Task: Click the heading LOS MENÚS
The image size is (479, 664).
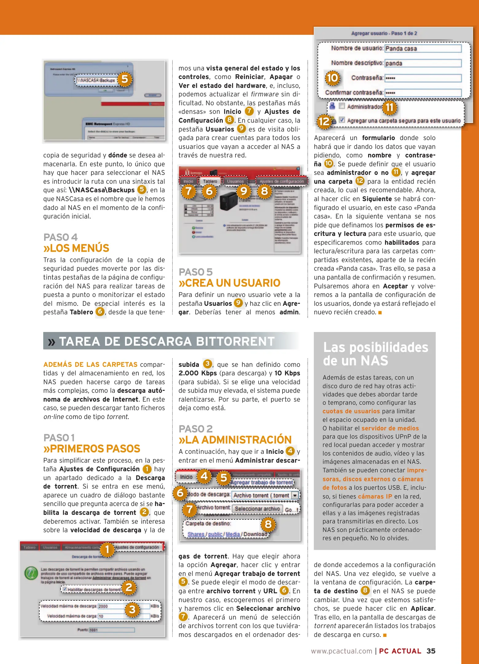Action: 76,248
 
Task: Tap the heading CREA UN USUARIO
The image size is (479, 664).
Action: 229,283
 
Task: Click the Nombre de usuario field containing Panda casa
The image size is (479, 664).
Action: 423,49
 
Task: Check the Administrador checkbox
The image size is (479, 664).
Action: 342,106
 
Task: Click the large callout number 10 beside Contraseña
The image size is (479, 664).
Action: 332,78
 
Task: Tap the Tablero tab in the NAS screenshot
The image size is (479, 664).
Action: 210,181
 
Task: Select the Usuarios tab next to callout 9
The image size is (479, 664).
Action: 235,181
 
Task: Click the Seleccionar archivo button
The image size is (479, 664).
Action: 257,509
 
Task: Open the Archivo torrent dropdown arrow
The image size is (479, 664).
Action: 295,495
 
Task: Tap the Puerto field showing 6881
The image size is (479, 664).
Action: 111,630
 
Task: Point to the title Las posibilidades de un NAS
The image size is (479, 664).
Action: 375,354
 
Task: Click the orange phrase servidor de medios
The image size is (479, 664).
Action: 390,428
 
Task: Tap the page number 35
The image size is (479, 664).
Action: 430,651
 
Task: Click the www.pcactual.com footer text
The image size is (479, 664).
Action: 341,651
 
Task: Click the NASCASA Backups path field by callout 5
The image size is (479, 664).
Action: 96,80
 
